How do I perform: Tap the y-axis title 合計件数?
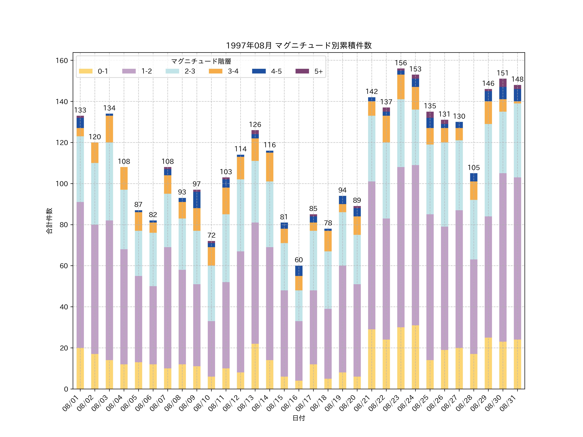(x=49, y=221)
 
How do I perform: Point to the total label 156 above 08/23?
(x=401, y=63)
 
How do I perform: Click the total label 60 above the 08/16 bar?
(x=299, y=260)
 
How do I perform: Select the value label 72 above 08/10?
(x=211, y=235)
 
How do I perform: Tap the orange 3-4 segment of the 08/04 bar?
(x=124, y=178)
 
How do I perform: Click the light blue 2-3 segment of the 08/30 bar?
(x=503, y=142)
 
